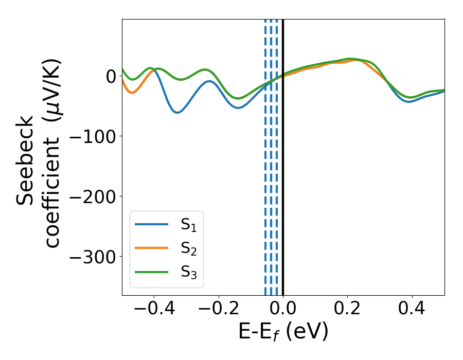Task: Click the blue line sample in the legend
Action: click(x=151, y=224)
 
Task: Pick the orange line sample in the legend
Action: click(x=151, y=248)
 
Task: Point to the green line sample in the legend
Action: click(x=151, y=272)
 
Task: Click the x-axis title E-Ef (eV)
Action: click(x=283, y=333)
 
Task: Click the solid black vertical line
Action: click(x=283, y=154)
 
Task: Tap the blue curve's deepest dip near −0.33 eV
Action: click(x=177, y=112)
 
